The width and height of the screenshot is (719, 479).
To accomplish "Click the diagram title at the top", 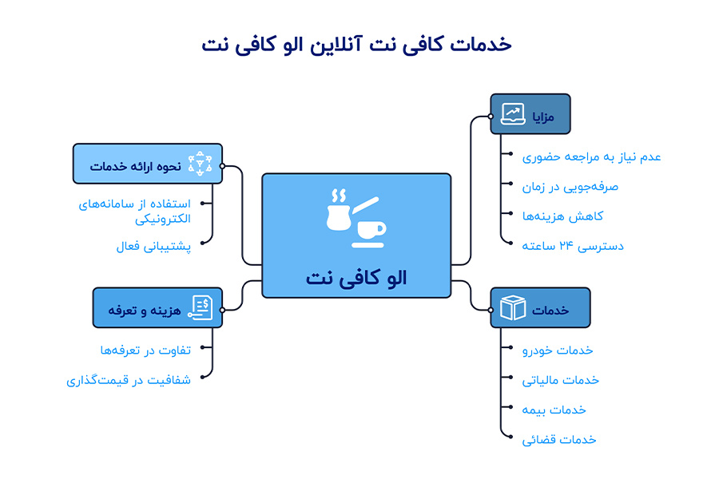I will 356,44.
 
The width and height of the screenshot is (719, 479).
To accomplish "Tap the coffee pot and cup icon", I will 356,216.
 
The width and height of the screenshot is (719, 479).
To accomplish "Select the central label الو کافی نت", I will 356,277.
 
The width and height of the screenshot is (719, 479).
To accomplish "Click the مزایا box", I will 530,113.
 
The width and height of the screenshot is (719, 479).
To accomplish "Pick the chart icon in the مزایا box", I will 513,113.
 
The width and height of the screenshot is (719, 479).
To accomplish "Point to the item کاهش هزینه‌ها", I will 562,216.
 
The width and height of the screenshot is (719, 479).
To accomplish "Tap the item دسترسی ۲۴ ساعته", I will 573,245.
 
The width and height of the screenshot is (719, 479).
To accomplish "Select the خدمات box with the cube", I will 540,307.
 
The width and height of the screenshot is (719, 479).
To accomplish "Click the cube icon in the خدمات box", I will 513,307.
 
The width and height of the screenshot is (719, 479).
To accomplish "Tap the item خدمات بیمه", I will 554,410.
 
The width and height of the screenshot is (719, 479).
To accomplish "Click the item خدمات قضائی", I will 559,439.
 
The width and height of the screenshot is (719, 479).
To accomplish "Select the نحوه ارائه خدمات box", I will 147,164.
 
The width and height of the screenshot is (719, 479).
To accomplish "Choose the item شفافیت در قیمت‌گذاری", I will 129,380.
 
